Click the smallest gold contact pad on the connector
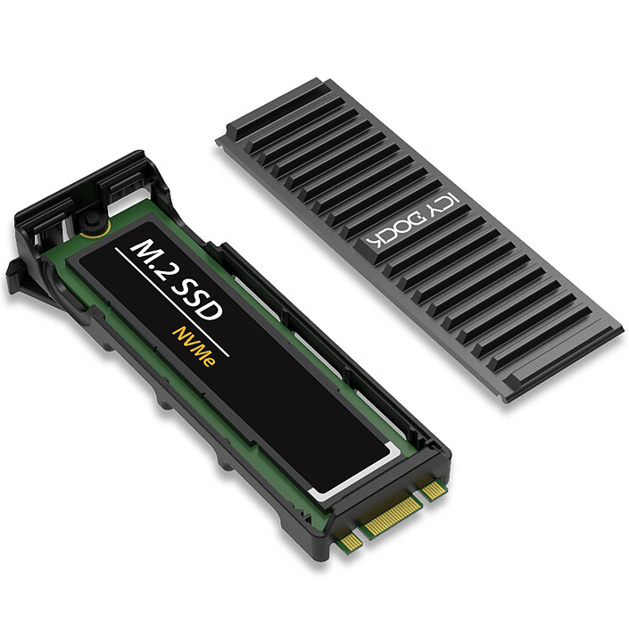pos(351,540)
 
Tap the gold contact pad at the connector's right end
pos(435,489)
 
